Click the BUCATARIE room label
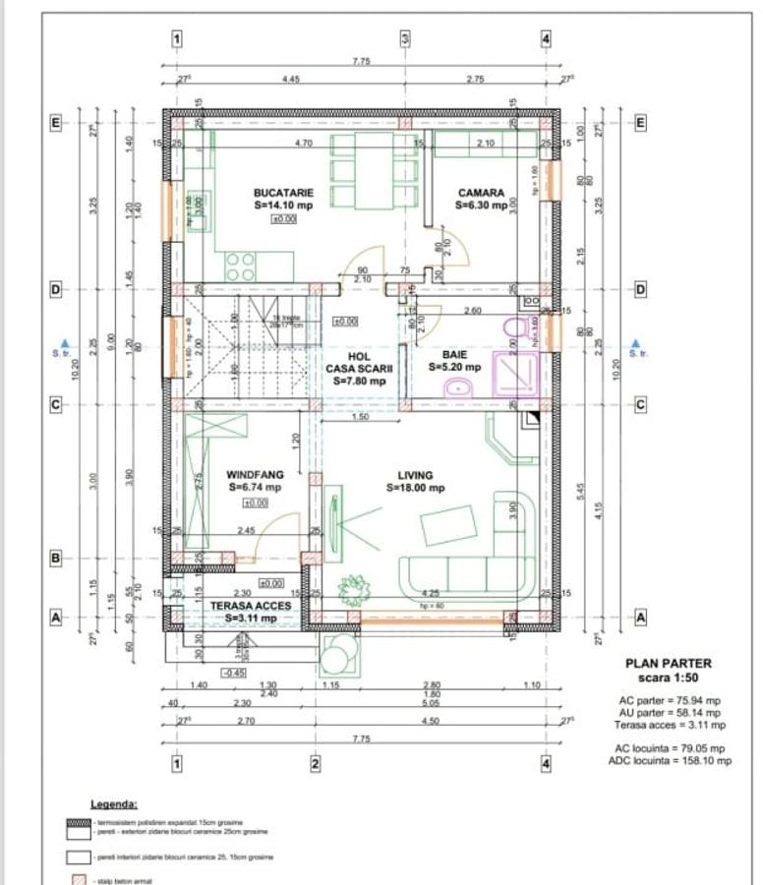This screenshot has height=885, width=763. pyautogui.click(x=283, y=194)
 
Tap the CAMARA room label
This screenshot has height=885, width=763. pyautogui.click(x=481, y=194)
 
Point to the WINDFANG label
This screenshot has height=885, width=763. pyautogui.click(x=255, y=474)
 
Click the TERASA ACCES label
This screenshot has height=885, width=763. pyautogui.click(x=251, y=606)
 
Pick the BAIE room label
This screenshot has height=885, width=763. pyautogui.click(x=454, y=354)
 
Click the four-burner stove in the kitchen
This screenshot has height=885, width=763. pyautogui.click(x=241, y=265)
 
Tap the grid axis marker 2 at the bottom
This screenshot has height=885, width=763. pyautogui.click(x=315, y=763)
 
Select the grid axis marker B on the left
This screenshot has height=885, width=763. pyautogui.click(x=56, y=559)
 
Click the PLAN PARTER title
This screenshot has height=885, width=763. pyautogui.click(x=669, y=664)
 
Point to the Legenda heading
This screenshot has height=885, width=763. pyautogui.click(x=115, y=803)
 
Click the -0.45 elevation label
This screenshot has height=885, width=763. pyautogui.click(x=234, y=673)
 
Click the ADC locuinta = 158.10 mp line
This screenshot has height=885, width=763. pyautogui.click(x=669, y=760)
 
